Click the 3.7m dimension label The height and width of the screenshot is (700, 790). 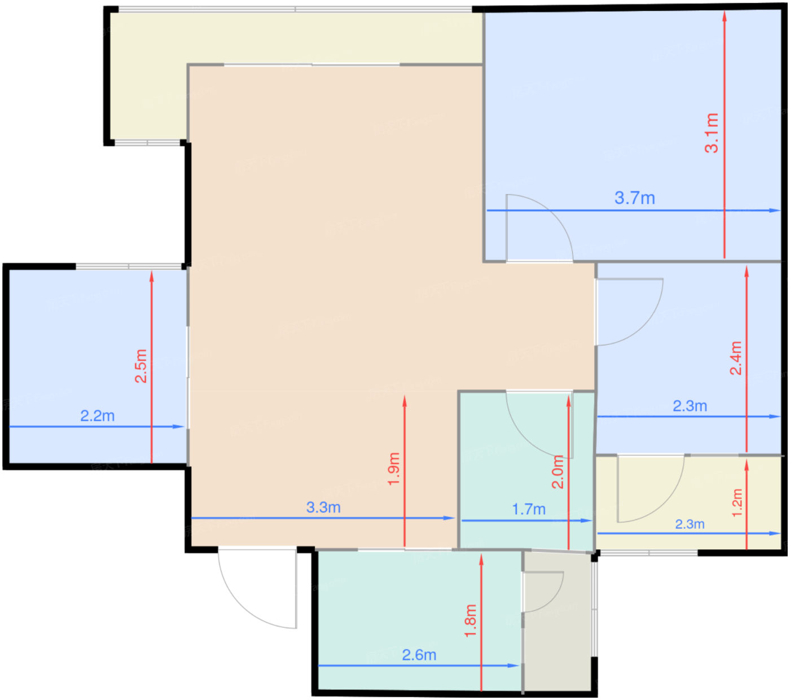[x=634, y=198]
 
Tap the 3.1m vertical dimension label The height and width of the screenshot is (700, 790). [x=712, y=133]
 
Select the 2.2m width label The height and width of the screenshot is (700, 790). [x=98, y=415]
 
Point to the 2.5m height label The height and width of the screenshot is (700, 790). [x=141, y=366]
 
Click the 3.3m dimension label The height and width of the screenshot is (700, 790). [x=323, y=508]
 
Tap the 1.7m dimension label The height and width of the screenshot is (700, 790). [x=528, y=509]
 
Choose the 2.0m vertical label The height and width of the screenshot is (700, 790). [x=558, y=472]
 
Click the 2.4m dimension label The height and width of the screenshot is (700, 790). [x=736, y=358]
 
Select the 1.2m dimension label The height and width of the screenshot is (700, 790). [x=737, y=503]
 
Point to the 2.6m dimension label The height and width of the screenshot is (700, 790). [x=419, y=655]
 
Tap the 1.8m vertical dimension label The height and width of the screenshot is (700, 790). [x=471, y=621]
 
